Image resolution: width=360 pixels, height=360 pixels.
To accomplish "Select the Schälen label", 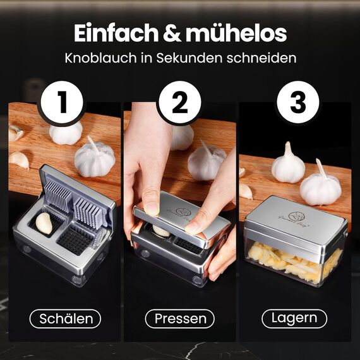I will (65, 319).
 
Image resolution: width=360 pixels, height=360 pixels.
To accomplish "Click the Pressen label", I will (180, 319).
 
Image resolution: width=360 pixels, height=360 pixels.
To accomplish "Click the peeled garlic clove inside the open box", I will (44, 222).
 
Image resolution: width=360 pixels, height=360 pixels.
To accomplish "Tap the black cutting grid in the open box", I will (76, 241).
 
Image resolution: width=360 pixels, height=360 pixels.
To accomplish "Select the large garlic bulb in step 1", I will (94, 158).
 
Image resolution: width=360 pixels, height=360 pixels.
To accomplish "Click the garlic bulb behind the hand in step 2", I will (206, 161).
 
